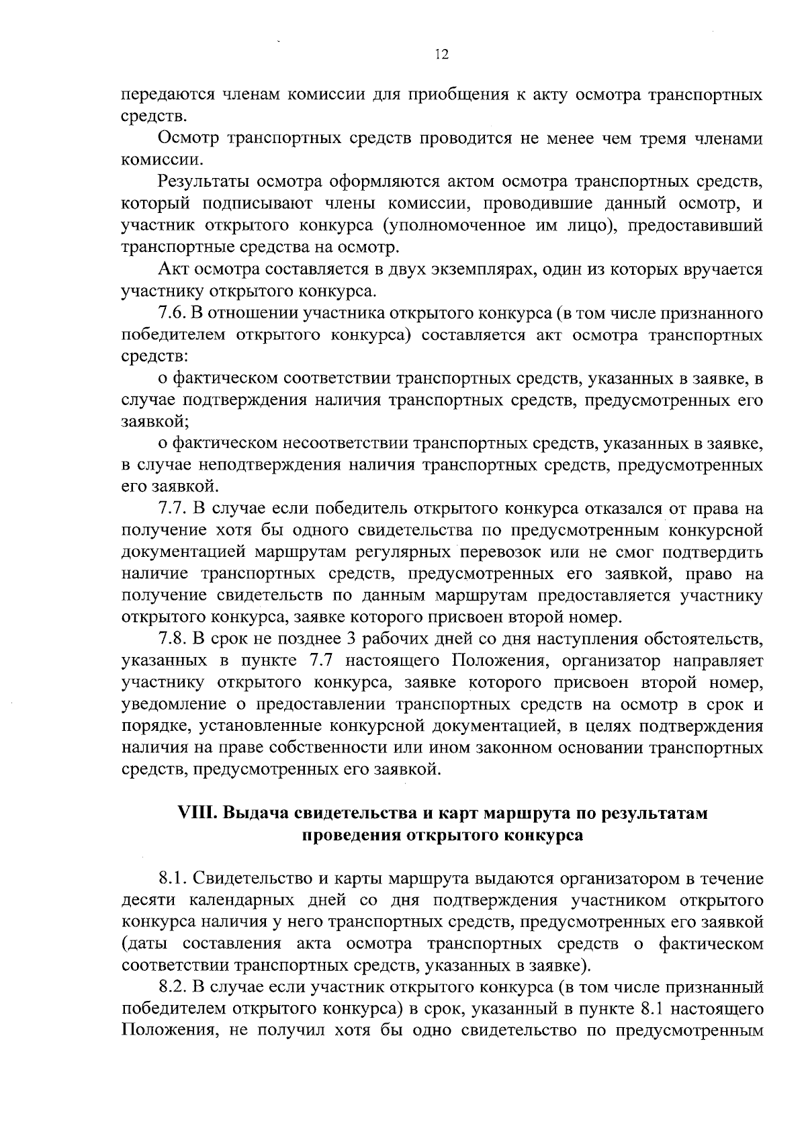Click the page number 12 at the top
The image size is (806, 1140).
[x=441, y=55]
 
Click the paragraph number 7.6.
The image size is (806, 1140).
[x=172, y=314]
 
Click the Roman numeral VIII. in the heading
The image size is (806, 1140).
[x=197, y=814]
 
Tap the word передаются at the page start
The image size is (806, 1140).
[x=165, y=95]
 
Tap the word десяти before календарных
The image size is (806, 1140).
[x=147, y=900]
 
